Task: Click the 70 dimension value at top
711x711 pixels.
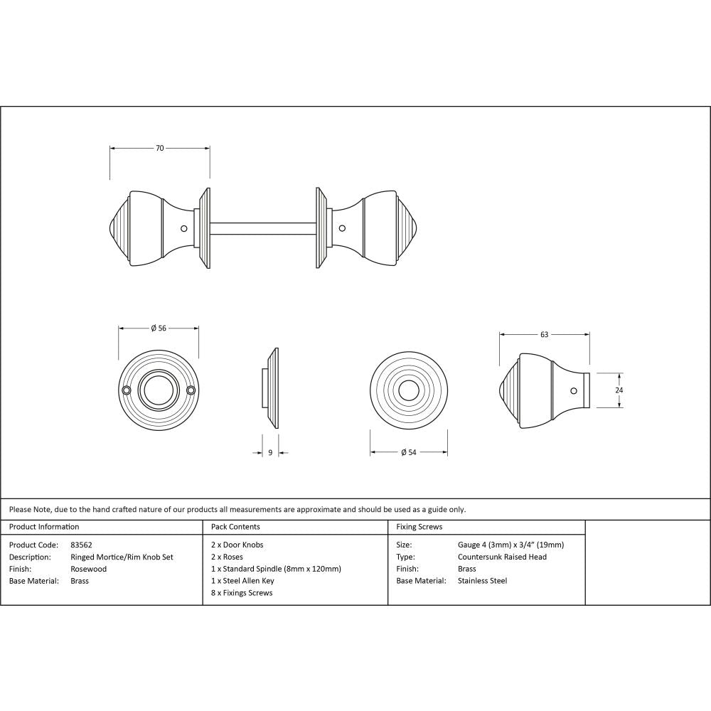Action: (x=160, y=148)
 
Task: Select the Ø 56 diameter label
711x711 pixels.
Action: (x=158, y=328)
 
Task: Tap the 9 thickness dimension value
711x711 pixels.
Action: (x=270, y=452)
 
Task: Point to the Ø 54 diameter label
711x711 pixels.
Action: (x=408, y=452)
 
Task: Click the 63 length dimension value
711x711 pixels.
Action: (x=545, y=333)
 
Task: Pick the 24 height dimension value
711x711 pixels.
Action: (x=619, y=390)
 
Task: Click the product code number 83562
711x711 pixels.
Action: (x=82, y=545)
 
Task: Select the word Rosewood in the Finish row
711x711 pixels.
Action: (x=89, y=569)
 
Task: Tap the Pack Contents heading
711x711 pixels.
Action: (x=235, y=527)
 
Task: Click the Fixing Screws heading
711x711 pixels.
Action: (x=419, y=527)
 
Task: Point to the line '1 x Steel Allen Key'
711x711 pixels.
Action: (x=242, y=581)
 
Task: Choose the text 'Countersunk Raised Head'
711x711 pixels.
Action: (x=502, y=557)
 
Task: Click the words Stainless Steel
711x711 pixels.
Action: (x=482, y=581)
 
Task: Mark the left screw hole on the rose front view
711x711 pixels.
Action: (x=127, y=390)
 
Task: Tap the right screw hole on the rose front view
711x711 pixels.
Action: (x=191, y=390)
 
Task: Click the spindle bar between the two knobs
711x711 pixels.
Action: (x=263, y=228)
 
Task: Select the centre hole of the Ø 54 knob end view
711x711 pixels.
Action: (x=408, y=390)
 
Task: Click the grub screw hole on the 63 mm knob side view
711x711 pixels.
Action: (x=574, y=390)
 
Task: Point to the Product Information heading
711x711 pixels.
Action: (x=44, y=527)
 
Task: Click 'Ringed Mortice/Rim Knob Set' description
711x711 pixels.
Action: (x=122, y=557)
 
